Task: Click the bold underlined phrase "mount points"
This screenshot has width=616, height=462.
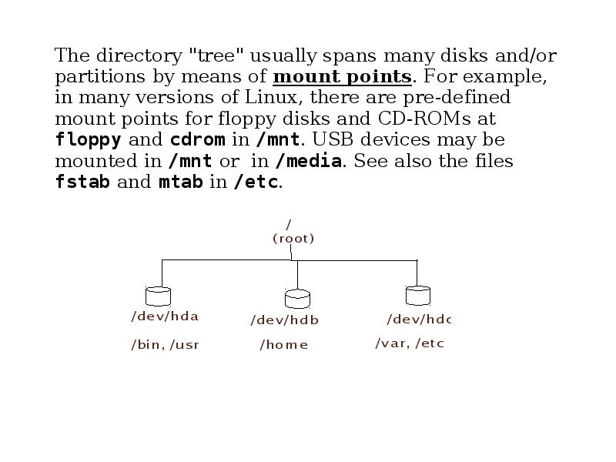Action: [342, 77]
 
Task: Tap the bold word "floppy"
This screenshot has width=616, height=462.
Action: [89, 141]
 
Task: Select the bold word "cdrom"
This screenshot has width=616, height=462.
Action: [198, 141]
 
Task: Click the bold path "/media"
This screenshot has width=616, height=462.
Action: [308, 162]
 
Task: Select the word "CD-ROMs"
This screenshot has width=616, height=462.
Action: [424, 119]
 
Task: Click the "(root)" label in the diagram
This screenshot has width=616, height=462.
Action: [293, 239]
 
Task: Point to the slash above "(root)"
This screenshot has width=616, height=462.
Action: [289, 225]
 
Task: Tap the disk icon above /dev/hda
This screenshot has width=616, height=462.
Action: [158, 296]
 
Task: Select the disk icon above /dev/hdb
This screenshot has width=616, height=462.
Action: [297, 298]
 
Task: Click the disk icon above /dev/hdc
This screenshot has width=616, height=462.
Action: [417, 295]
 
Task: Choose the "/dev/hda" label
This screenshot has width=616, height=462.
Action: [165, 316]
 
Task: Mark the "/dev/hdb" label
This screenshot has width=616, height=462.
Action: [284, 320]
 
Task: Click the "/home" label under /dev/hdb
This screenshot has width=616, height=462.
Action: [284, 345]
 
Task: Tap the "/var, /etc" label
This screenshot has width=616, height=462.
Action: [410, 343]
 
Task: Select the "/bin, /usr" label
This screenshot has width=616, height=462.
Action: [165, 345]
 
